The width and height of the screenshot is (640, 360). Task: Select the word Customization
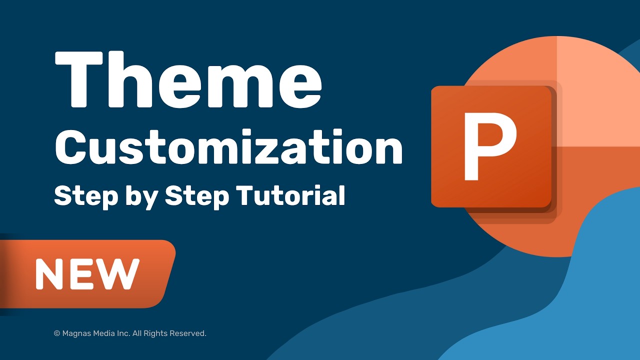(228, 148)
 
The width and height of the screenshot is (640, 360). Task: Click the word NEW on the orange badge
(87, 274)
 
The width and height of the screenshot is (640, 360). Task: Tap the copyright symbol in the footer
(56, 333)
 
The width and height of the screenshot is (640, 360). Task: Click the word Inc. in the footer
(126, 333)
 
